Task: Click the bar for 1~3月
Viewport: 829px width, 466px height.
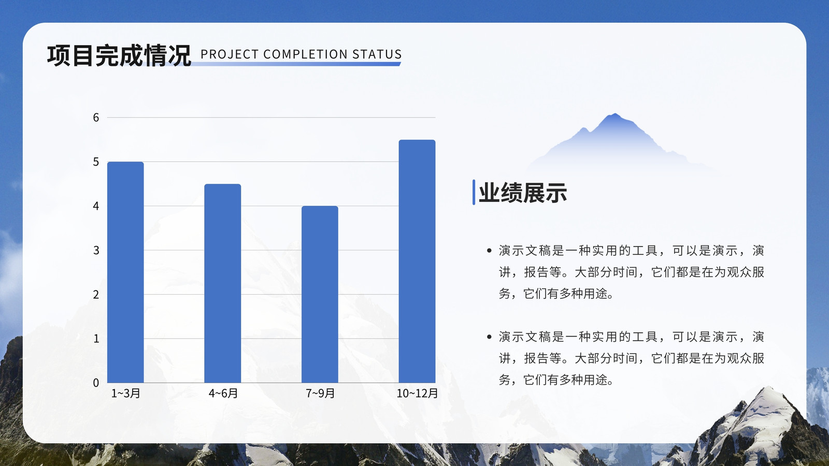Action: pos(125,272)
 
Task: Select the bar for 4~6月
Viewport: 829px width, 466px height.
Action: pos(222,283)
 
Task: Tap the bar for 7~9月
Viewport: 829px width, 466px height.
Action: pos(320,295)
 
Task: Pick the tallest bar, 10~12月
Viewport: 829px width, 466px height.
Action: pos(417,261)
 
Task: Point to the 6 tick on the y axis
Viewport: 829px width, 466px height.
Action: pos(96,118)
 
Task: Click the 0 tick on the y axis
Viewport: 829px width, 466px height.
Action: pos(96,383)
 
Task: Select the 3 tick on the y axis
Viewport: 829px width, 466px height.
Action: pos(96,251)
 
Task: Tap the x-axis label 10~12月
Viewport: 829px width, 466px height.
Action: pos(417,393)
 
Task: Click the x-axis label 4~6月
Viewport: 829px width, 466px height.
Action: pos(223,393)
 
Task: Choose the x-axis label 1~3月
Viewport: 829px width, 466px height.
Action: pos(125,393)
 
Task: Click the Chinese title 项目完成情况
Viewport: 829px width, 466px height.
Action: pos(119,55)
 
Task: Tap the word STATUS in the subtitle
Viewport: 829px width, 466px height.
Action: pos(377,54)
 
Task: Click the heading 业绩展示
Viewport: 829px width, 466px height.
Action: pos(523,193)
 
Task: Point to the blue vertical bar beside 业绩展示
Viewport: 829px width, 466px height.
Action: pos(474,192)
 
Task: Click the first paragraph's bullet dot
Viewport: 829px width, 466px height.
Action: pos(489,251)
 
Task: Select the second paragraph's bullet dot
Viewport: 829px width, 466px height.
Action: pos(489,337)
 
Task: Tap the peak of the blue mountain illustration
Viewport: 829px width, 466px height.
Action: pos(614,114)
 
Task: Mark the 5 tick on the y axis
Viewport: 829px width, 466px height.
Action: pos(96,162)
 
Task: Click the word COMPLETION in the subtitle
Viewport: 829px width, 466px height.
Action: pos(305,54)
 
